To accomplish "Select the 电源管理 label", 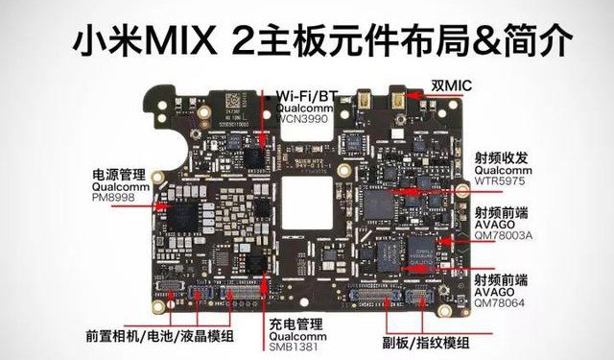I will (x=118, y=174).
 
